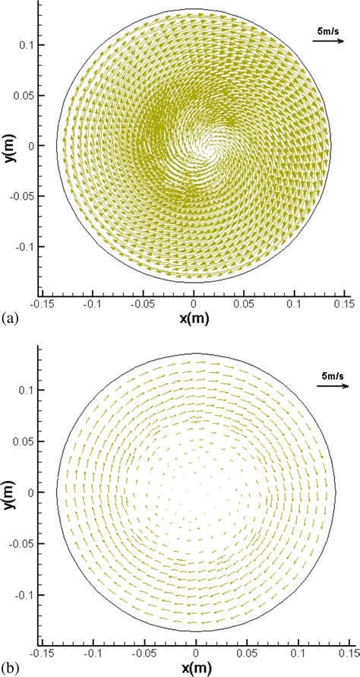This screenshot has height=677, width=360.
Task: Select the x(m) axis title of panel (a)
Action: point(194,318)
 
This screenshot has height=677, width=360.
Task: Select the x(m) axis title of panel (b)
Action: point(197,668)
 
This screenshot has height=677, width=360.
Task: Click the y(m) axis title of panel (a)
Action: point(9,146)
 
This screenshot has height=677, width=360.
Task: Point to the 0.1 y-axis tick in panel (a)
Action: point(27,45)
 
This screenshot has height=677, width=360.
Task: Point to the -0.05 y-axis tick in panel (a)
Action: point(23,197)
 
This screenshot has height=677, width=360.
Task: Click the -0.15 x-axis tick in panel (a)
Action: point(44,302)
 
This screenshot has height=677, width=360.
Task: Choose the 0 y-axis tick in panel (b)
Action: point(32,492)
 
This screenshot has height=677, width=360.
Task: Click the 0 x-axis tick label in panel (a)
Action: point(194,302)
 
